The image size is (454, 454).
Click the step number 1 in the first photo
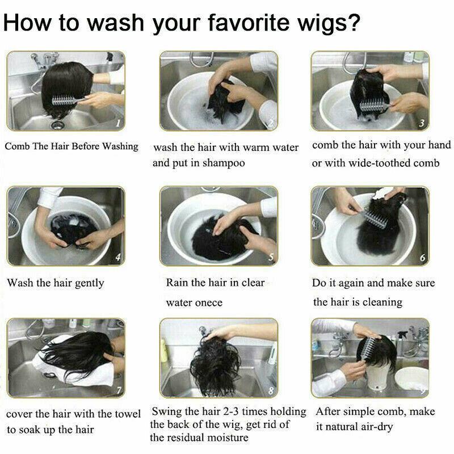point(118,124)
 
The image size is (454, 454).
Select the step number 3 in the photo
point(422,123)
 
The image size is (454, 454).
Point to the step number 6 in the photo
point(422,258)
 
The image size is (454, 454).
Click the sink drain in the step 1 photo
point(57,125)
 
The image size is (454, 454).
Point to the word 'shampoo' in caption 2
point(223,163)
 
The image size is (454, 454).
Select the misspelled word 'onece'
point(208,303)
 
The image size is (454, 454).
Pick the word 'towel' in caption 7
point(128,414)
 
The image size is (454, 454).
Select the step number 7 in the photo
point(119,391)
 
